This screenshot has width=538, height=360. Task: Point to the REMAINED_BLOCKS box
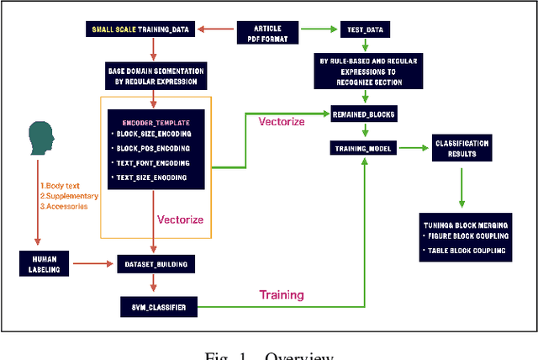click(x=363, y=113)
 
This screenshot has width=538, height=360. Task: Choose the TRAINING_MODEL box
click(x=363, y=148)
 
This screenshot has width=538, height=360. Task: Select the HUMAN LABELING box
click(x=45, y=264)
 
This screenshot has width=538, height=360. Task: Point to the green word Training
click(x=282, y=295)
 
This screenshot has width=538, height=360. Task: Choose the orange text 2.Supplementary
click(x=69, y=196)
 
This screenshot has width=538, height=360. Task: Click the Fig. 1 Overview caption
click(x=269, y=353)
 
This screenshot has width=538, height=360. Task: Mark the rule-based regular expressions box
click(x=363, y=73)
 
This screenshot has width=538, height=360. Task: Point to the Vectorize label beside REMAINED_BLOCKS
click(x=281, y=122)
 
